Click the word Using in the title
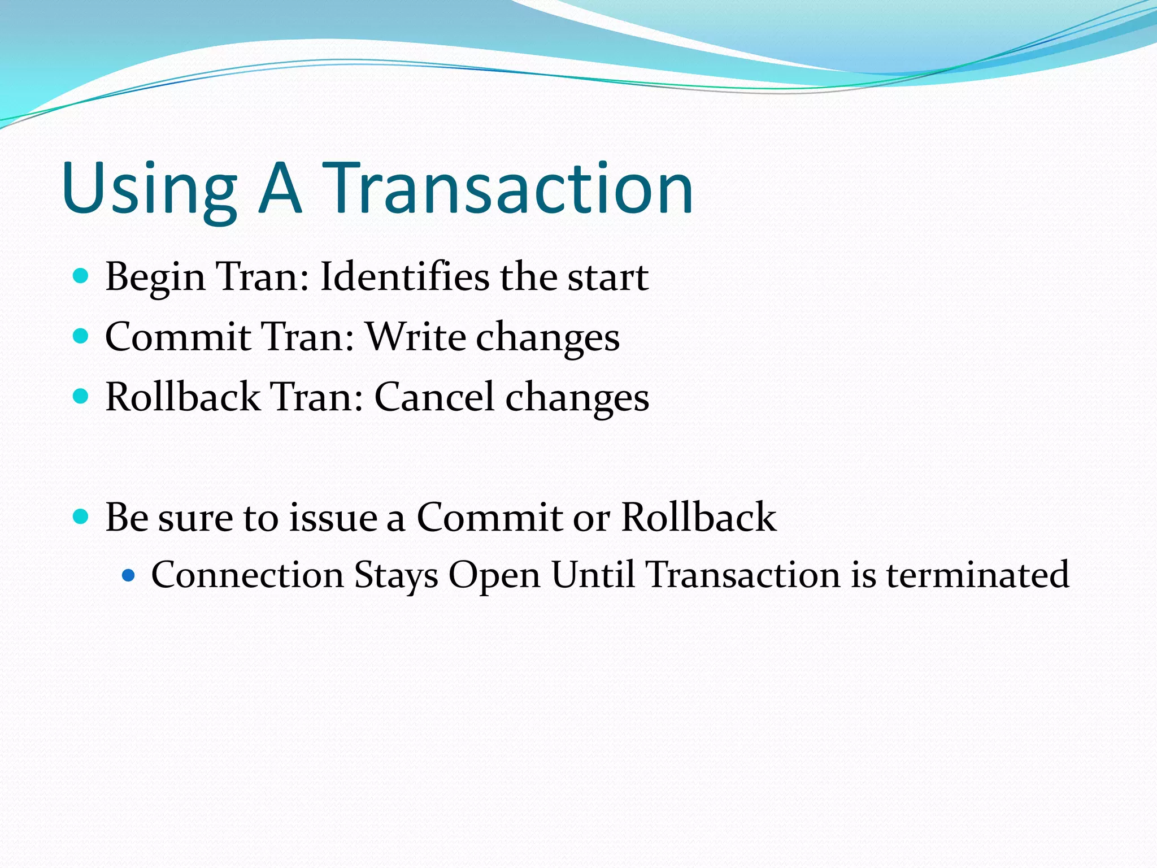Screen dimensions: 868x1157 [149, 189]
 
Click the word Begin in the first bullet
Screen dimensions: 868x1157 [155, 278]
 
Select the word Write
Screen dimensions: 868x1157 [416, 337]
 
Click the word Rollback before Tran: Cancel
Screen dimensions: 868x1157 [182, 397]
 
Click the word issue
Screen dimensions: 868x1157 [333, 518]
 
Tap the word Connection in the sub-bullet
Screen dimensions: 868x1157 [247, 575]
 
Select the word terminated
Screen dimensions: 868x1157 [977, 575]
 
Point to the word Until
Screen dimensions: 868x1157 [593, 575]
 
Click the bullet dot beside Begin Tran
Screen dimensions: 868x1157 [81, 276]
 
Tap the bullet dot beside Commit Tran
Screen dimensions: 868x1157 [81, 336]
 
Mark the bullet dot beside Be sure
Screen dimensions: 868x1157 [81, 517]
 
